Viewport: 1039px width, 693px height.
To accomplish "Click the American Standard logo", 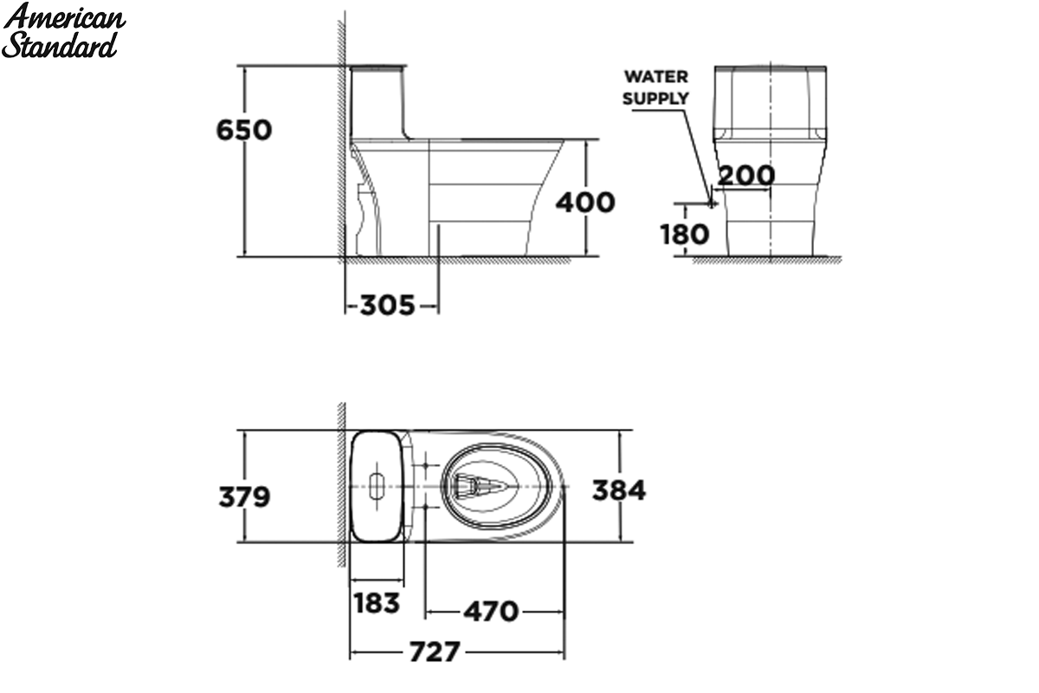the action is [x=63, y=31].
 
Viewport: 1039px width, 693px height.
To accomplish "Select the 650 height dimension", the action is [x=244, y=130].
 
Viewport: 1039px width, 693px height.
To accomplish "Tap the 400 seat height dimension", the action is [x=585, y=203].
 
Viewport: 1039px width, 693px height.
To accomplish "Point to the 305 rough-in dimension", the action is [x=387, y=306].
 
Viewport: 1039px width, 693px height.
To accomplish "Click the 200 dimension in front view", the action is [x=746, y=175].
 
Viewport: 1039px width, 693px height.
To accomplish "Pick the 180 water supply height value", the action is [x=685, y=234].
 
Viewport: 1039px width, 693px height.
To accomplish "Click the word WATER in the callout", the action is [x=656, y=76].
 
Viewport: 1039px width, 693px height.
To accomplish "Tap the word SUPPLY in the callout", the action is [x=656, y=99].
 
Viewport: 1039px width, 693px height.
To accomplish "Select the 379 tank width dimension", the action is [x=244, y=497].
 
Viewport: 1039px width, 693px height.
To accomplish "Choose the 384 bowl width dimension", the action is [x=619, y=490].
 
